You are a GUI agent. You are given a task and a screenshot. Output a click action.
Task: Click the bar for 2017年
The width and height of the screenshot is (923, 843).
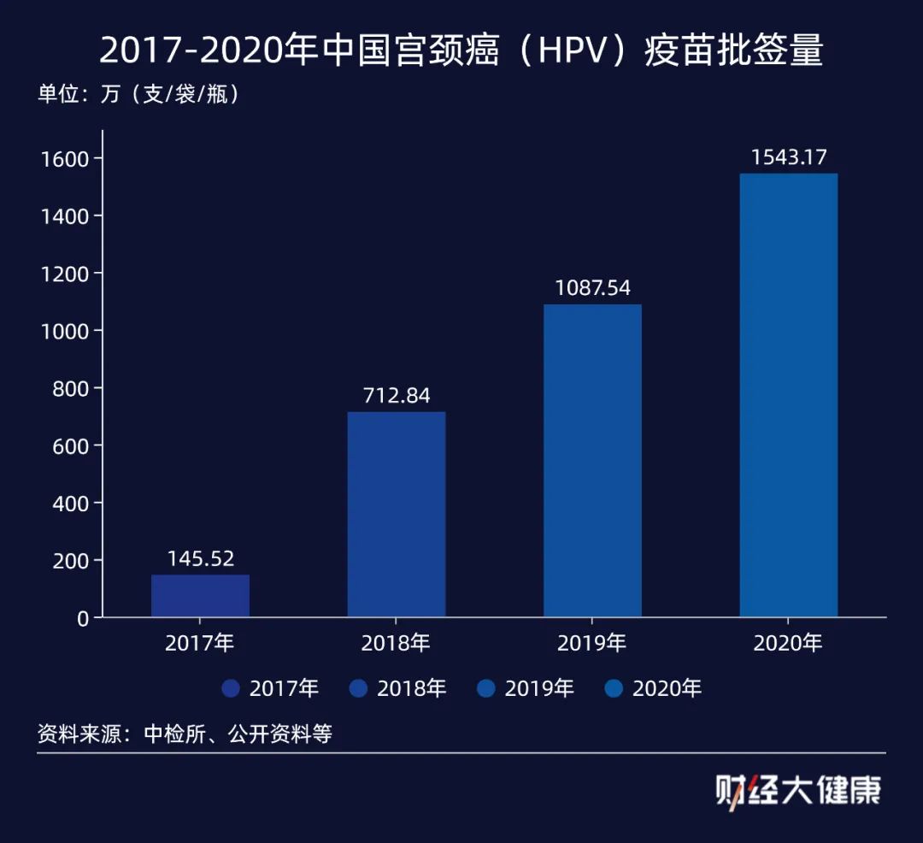tap(200, 596)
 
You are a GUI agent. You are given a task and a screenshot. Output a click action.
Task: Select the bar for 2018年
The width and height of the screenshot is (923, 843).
tap(396, 515)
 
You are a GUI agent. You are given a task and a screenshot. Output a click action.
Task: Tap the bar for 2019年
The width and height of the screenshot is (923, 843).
tap(592, 461)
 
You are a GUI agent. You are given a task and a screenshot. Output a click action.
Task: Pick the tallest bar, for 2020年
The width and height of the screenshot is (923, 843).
tap(788, 395)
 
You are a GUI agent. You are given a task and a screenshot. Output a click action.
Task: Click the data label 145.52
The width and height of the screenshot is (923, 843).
tap(200, 560)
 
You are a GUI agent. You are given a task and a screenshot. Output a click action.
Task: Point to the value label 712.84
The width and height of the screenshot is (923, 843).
tap(396, 397)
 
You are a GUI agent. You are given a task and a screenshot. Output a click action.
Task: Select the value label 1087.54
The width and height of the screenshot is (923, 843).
tap(592, 288)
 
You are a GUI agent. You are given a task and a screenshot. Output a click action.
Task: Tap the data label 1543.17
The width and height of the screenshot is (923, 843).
tap(788, 157)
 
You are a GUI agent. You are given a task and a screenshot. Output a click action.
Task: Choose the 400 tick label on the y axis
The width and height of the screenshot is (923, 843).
tap(70, 504)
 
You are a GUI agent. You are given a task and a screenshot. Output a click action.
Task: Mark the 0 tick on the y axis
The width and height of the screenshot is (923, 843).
tap(83, 618)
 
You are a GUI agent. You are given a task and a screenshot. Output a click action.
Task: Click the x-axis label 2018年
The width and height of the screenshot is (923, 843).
tap(396, 643)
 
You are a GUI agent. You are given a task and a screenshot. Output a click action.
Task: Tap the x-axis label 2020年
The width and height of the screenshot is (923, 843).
tap(788, 643)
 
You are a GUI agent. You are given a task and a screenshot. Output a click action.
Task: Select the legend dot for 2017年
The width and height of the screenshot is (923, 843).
tap(231, 688)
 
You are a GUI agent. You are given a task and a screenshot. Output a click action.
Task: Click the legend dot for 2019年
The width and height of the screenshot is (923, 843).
tap(486, 688)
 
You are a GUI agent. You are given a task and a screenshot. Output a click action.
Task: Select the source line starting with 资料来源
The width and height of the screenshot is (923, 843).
tap(185, 734)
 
